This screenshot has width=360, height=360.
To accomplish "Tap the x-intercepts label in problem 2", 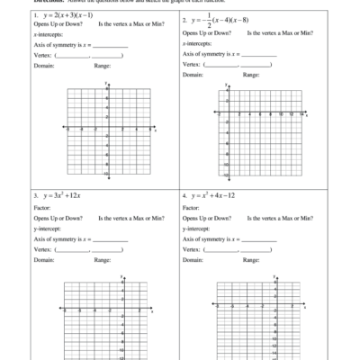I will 198,43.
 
